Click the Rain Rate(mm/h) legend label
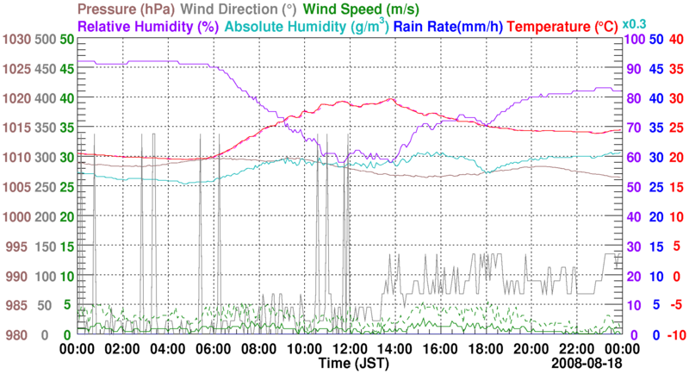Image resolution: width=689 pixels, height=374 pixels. pyautogui.click(x=461, y=27)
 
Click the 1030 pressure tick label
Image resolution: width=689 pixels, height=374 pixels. pyautogui.click(x=16, y=40)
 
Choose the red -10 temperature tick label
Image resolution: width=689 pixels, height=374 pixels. pyautogui.click(x=676, y=334)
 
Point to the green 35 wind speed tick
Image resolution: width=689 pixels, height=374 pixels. pyautogui.click(x=66, y=128)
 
